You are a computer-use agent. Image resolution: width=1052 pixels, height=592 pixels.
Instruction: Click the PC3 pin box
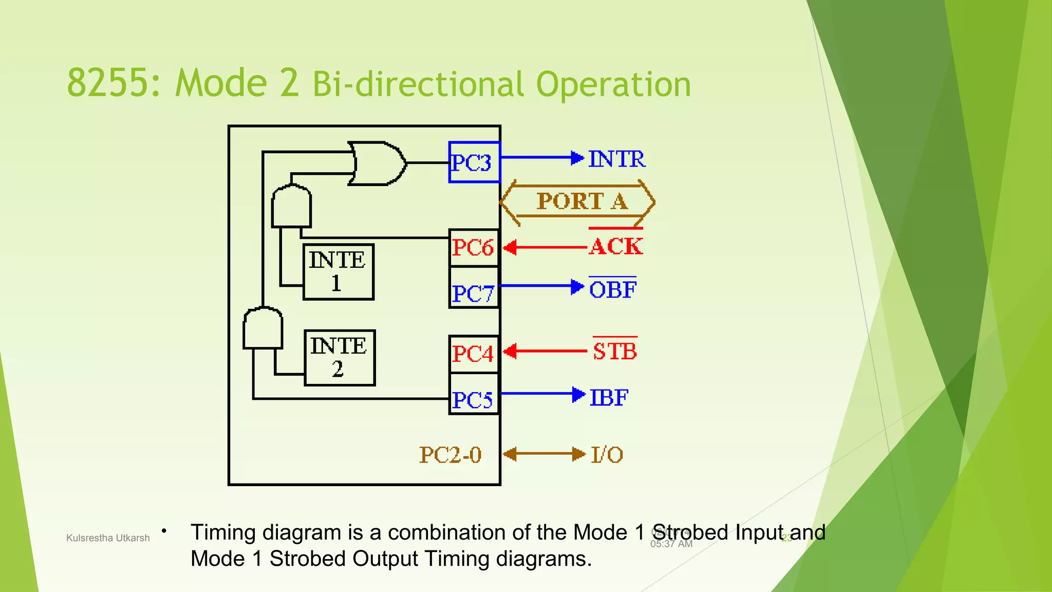[x=474, y=162]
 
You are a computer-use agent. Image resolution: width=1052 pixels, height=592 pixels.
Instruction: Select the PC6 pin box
[x=474, y=248]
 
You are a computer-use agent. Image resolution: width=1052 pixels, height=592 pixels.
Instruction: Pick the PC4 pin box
[x=474, y=354]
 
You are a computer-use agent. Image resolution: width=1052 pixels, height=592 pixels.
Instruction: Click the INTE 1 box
[x=338, y=272]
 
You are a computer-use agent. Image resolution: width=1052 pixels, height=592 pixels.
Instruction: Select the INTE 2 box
[x=339, y=358]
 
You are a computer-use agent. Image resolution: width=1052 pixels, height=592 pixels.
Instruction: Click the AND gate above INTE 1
[x=291, y=207]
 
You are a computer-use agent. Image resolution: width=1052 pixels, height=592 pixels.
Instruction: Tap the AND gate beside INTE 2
[x=262, y=328]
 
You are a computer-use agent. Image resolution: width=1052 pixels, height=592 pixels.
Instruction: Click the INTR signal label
[x=616, y=159]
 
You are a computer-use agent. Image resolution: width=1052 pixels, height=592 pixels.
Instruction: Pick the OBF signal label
[x=612, y=289]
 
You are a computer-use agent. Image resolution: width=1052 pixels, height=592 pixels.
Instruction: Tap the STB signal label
[x=614, y=351]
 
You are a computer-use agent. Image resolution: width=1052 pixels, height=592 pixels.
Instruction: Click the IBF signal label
[x=609, y=397]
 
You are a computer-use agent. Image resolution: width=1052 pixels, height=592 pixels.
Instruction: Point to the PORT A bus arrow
[x=578, y=201]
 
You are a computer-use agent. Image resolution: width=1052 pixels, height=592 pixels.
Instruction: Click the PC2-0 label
[x=450, y=455]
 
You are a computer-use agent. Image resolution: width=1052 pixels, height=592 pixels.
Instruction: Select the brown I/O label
[x=607, y=455]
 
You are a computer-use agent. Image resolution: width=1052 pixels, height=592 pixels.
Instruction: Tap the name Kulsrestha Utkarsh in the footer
[x=108, y=538]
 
